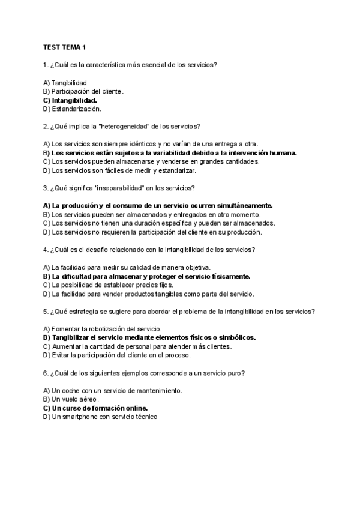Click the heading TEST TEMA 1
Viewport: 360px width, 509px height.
tap(65, 47)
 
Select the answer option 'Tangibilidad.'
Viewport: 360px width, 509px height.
tap(70, 82)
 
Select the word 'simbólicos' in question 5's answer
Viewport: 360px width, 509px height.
tap(238, 337)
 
